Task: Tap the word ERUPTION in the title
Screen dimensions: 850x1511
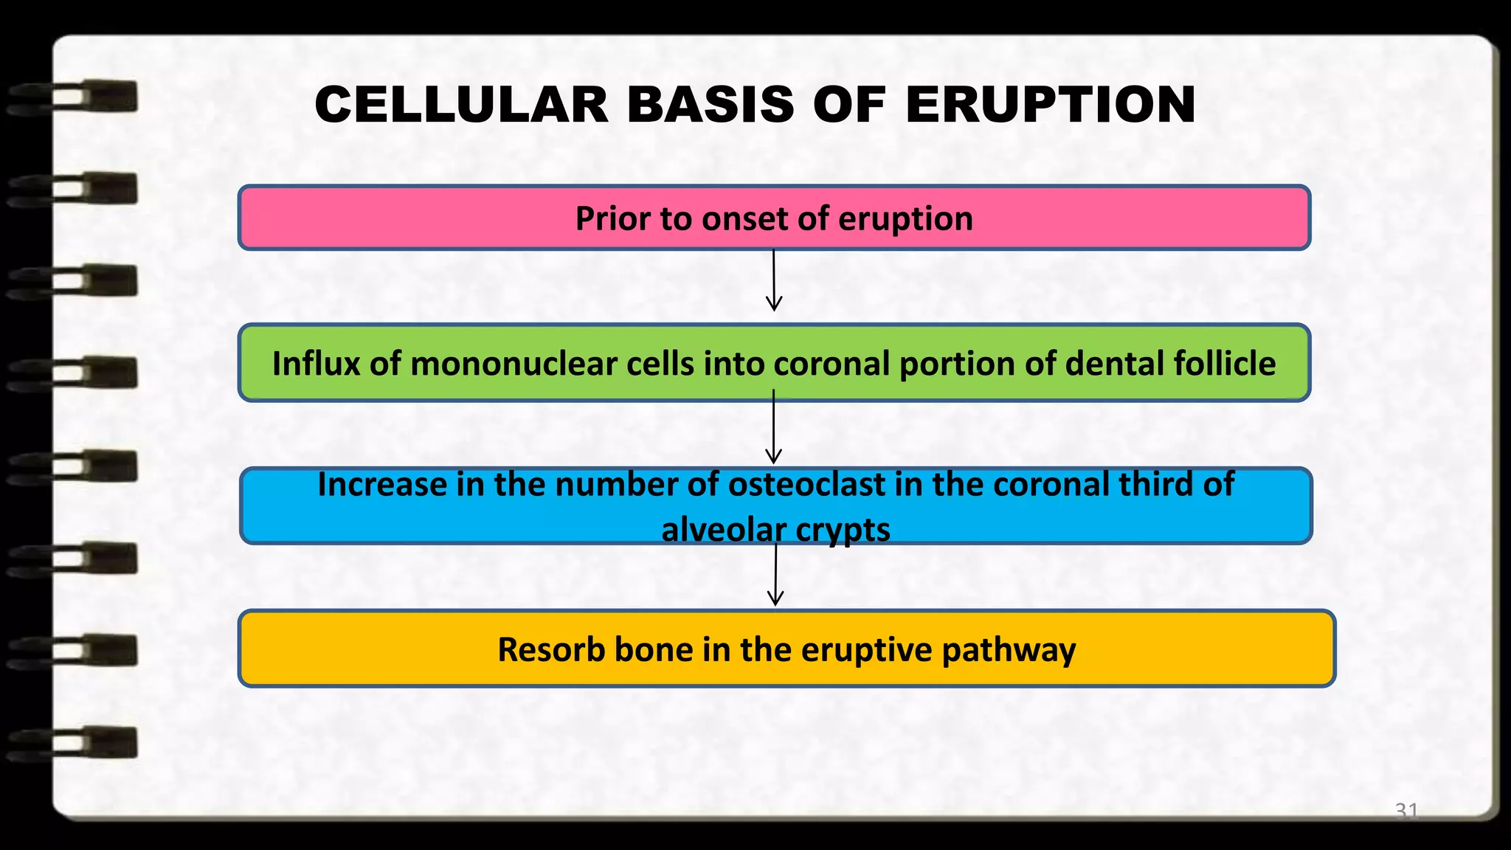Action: pos(1050,105)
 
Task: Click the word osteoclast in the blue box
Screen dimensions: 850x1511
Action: pos(806,485)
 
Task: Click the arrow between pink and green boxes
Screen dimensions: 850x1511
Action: pos(774,281)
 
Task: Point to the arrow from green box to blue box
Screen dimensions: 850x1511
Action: pos(773,428)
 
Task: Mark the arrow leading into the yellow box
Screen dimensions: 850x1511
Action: pos(775,576)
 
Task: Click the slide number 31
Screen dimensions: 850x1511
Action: pos(1406,810)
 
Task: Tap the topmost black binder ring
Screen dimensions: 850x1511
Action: pos(74,98)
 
